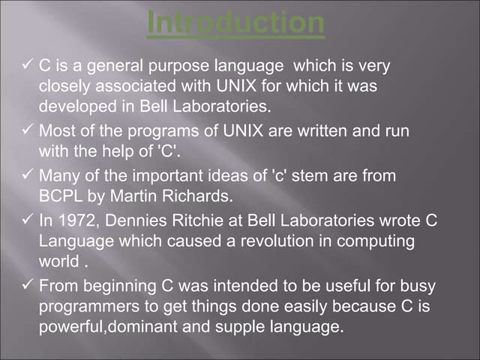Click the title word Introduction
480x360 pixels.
click(x=235, y=22)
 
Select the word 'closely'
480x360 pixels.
click(x=63, y=85)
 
